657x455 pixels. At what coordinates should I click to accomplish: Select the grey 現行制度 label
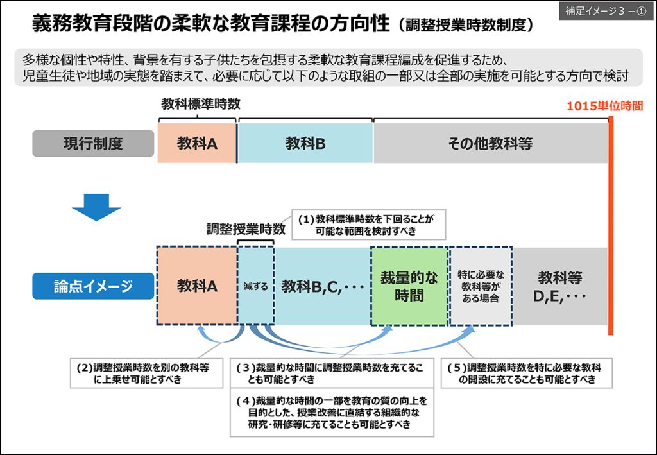point(93,144)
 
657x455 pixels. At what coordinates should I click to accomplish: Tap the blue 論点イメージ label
point(93,286)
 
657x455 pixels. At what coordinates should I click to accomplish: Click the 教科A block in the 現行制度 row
point(197,144)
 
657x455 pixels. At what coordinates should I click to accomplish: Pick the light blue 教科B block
point(305,144)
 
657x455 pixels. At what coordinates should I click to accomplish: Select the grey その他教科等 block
point(490,144)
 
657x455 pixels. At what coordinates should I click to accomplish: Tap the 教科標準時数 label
point(200,104)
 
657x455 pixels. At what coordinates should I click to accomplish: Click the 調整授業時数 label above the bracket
point(246,228)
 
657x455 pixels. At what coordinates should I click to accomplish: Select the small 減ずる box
point(256,286)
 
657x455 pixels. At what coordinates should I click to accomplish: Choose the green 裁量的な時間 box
point(409,286)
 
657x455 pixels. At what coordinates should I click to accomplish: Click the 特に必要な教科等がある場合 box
point(480,286)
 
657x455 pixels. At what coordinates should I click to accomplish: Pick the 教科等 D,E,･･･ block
point(560,286)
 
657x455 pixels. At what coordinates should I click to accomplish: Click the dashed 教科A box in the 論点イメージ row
point(197,286)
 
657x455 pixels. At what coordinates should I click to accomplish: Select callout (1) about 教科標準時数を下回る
point(370,224)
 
